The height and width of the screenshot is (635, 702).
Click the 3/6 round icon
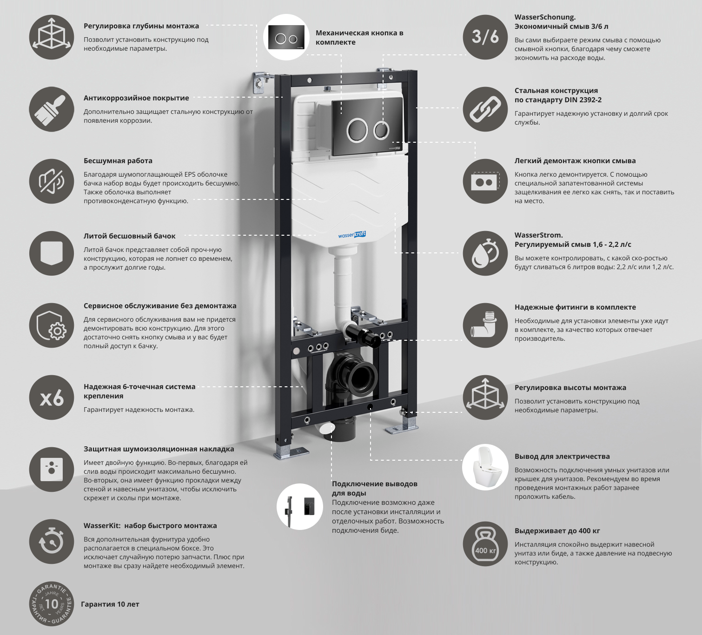485,37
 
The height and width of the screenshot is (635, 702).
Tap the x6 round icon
52,398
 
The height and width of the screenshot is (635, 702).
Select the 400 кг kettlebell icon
485,544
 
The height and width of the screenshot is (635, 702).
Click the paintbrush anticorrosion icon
52,109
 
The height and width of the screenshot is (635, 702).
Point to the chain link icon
485,109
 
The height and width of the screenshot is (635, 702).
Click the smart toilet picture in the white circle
485,467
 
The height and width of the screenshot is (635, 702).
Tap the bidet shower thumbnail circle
300,507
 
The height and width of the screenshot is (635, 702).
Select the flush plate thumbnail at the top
286,37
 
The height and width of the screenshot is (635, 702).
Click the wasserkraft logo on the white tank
352,235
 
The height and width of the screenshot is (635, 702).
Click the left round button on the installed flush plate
357,130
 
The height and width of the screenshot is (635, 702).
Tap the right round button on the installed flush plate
381,130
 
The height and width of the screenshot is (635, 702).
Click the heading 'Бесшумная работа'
118,161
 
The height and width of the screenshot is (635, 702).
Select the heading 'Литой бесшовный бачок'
130,236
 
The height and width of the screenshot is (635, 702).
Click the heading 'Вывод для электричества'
562,456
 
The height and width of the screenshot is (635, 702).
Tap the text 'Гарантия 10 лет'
110,604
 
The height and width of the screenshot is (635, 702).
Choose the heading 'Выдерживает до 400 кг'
557,531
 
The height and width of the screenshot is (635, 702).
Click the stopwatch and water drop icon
485,253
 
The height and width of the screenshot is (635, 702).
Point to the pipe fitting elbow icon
485,325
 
